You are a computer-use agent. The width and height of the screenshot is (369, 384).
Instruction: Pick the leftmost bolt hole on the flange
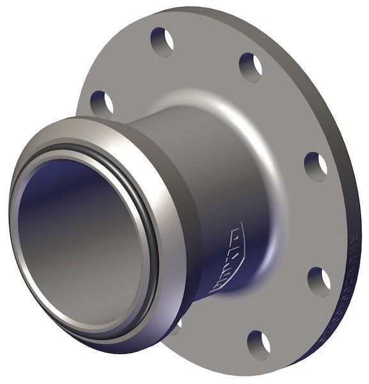102,102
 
